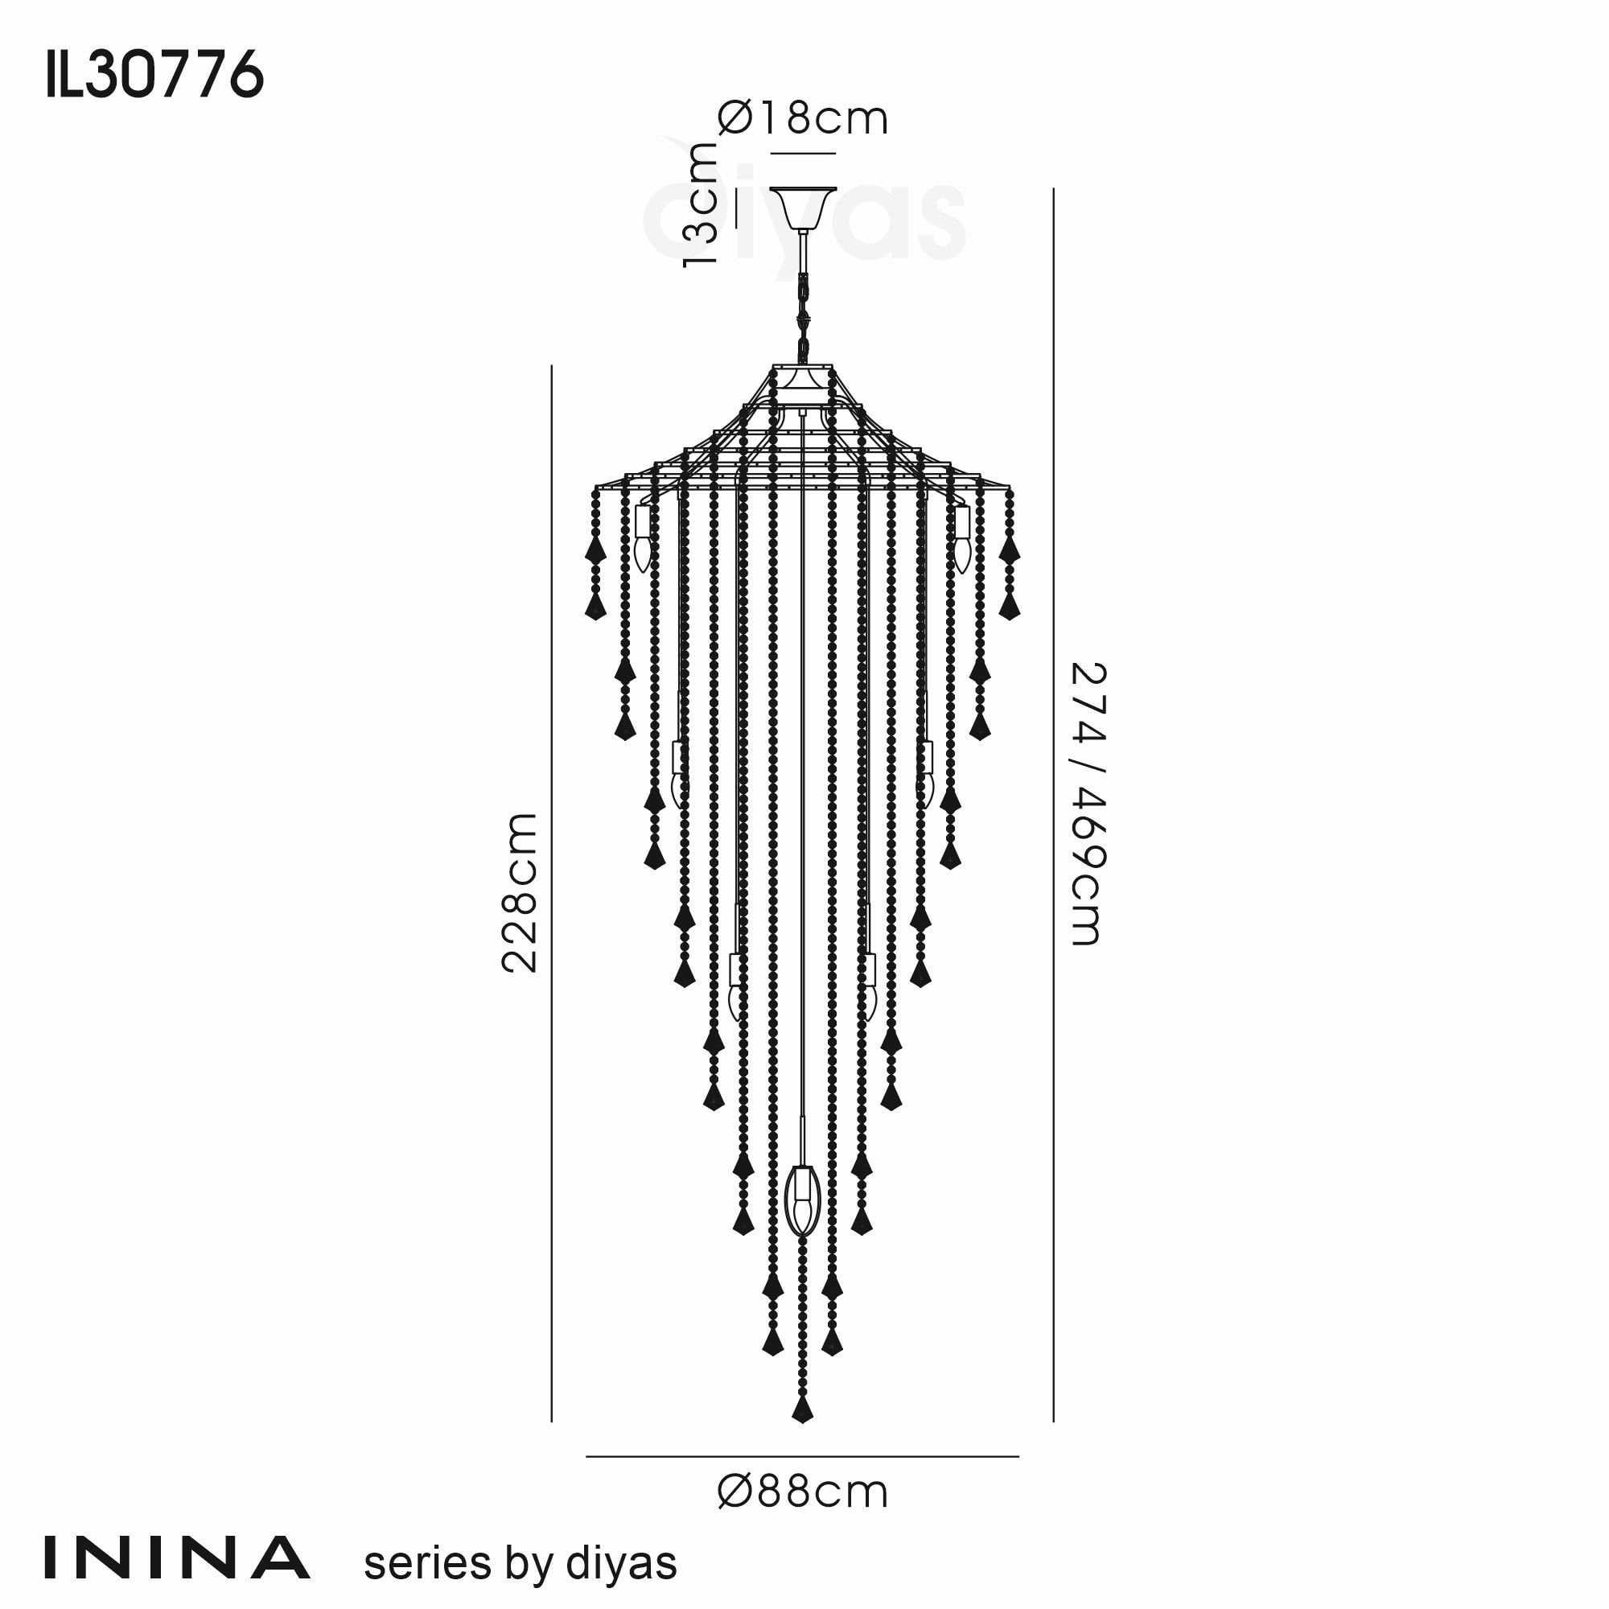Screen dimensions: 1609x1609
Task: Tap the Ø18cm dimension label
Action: (803, 118)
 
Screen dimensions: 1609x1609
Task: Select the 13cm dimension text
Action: (700, 204)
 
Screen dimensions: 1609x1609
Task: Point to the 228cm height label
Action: (521, 893)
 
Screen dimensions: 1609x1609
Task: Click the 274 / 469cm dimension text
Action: (1087, 804)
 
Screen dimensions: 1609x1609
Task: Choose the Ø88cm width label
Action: (803, 1492)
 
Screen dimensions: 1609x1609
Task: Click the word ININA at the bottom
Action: (176, 1558)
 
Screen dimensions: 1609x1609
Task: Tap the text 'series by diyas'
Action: (521, 1563)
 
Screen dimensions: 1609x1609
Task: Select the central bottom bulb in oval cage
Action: (803, 1200)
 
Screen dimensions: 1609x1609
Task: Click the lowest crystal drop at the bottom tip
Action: (802, 1409)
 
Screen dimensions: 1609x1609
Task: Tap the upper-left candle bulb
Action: (642, 539)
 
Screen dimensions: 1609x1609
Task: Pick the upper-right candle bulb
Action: (962, 539)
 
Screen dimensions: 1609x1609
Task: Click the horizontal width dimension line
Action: (803, 1457)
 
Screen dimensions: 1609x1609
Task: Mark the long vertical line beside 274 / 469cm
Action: (1054, 804)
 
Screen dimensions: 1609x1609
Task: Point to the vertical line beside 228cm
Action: (551, 893)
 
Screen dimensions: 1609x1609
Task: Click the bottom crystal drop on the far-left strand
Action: (595, 607)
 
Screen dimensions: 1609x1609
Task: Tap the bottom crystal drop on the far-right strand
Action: (1010, 607)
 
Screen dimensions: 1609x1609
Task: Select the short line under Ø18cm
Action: (803, 153)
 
